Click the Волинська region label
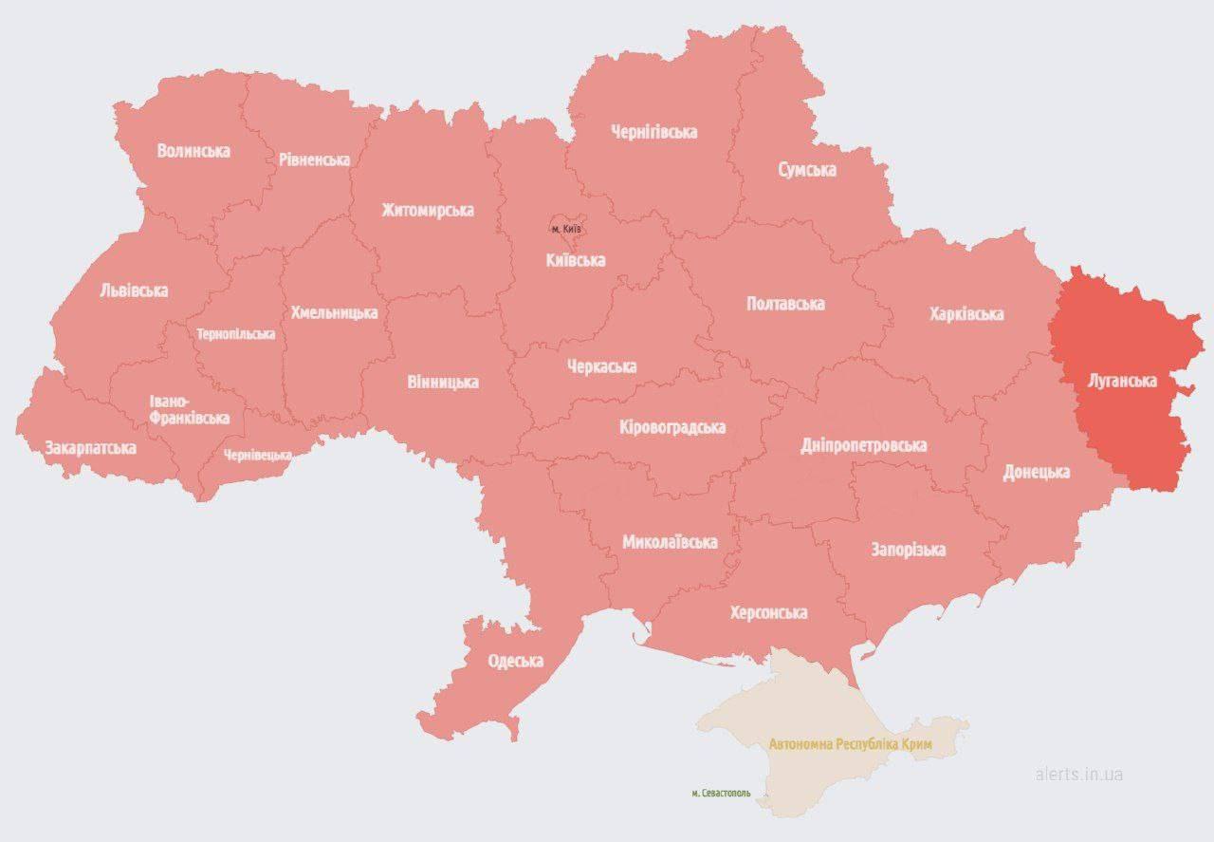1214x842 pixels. click(193, 150)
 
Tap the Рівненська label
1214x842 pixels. click(314, 159)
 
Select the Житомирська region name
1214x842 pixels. click(428, 210)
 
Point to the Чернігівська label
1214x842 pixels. click(654, 131)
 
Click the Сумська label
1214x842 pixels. click(807, 170)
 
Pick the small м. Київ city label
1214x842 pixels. click(566, 229)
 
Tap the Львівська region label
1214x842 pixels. click(134, 290)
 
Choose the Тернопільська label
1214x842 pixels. click(236, 334)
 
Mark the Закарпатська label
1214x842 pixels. click(90, 447)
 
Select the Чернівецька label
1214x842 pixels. click(258, 456)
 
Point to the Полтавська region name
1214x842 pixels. click(785, 304)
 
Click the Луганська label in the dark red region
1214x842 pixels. click(1122, 381)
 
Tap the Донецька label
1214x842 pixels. click(1037, 472)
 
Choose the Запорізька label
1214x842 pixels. click(909, 550)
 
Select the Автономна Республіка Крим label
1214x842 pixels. click(851, 745)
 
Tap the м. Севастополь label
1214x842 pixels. click(722, 793)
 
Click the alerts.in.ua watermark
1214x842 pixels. click(1079, 774)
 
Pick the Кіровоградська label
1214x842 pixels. click(671, 427)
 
